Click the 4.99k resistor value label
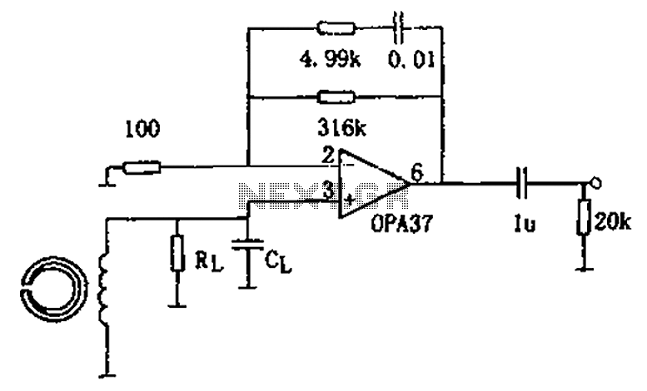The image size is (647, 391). (330, 61)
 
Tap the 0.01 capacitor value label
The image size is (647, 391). (411, 61)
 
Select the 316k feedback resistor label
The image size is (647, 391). (341, 129)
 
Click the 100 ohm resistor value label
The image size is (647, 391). (142, 129)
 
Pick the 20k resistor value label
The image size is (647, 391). (613, 223)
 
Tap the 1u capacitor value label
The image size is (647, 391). (525, 224)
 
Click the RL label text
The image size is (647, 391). (209, 261)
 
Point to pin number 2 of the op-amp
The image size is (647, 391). (328, 156)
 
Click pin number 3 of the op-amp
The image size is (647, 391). (328, 191)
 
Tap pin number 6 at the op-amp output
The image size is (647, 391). (417, 173)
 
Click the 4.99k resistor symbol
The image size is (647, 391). (336, 28)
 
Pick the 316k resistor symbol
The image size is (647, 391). (336, 97)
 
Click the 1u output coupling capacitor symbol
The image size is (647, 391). (523, 183)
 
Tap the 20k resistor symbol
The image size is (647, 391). (584, 217)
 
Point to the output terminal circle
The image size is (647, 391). (595, 182)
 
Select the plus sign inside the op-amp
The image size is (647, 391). (349, 200)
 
